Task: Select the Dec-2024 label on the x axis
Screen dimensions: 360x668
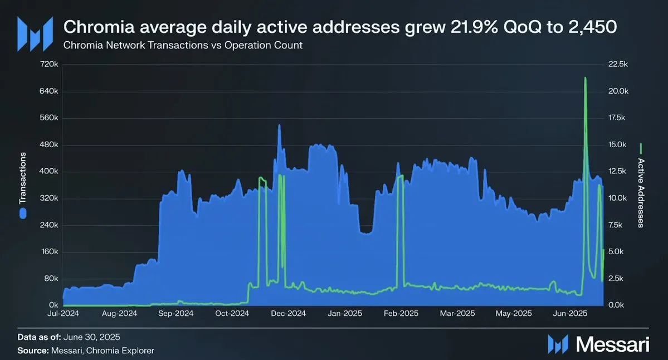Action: pyautogui.click(x=289, y=314)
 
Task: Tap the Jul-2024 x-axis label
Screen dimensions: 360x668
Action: pyautogui.click(x=62, y=314)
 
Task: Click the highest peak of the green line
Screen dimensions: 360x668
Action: pyautogui.click(x=585, y=78)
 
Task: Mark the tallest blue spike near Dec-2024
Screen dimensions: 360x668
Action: pyautogui.click(x=279, y=125)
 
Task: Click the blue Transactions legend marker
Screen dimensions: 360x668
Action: pyautogui.click(x=23, y=213)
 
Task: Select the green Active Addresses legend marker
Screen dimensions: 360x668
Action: pyautogui.click(x=641, y=148)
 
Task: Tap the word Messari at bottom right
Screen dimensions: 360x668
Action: pyautogui.click(x=613, y=344)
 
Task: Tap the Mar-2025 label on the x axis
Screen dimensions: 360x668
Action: pyautogui.click(x=457, y=314)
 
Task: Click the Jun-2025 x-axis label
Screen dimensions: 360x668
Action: pyautogui.click(x=569, y=314)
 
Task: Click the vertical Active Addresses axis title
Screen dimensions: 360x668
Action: pyautogui.click(x=641, y=193)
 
